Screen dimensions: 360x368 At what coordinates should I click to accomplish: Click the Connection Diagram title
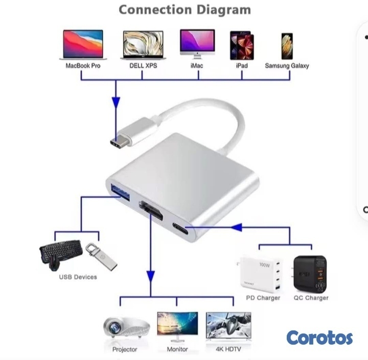coord(185,10)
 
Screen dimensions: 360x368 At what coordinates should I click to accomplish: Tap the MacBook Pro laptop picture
coord(83,44)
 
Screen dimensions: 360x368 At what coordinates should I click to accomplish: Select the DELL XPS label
coord(143,66)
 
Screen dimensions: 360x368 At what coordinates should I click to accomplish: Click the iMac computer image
coord(197,44)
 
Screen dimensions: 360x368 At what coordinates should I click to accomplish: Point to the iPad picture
coord(241,45)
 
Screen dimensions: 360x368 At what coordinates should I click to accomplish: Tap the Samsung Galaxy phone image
coord(287,46)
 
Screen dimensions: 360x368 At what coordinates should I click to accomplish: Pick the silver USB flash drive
coord(101,256)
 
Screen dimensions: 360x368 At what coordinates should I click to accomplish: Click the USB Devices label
coord(78,277)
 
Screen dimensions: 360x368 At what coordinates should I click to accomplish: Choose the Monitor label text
coord(177,349)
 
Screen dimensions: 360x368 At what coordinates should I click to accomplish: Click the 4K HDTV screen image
coord(228,325)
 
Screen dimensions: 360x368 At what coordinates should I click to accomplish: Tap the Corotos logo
coord(319,338)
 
